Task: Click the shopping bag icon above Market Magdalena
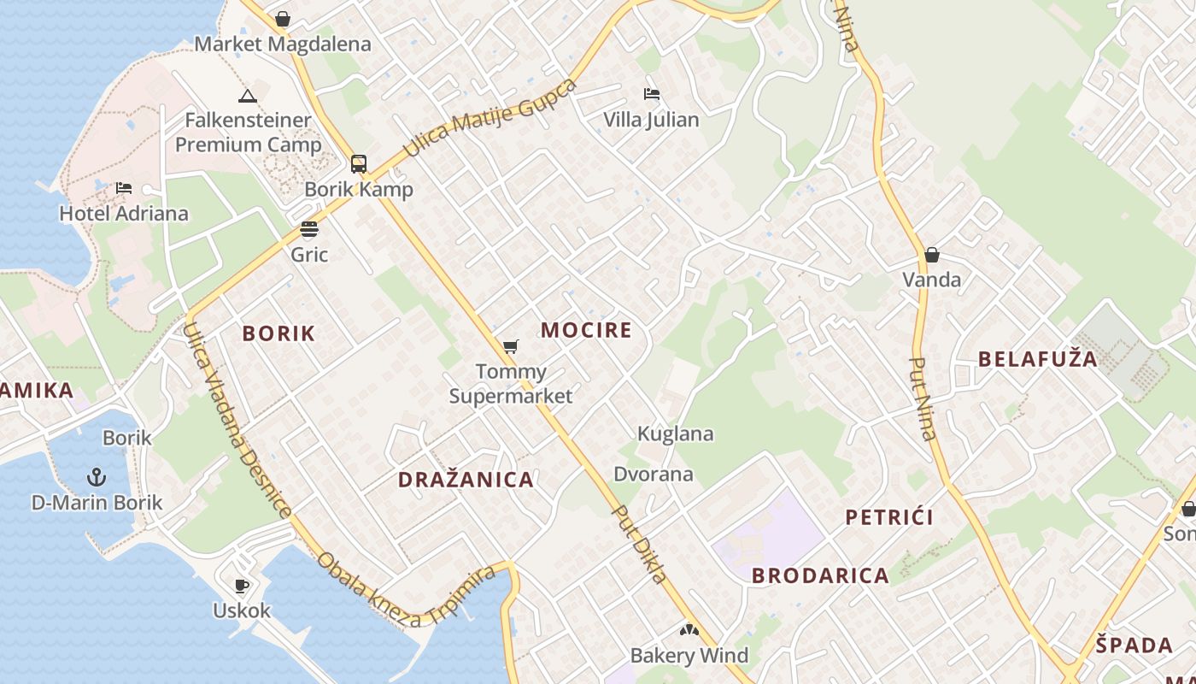point(283,19)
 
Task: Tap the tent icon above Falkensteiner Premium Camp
point(248,96)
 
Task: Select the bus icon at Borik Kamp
point(359,164)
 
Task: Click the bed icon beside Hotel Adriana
point(124,188)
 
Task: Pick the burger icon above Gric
point(309,229)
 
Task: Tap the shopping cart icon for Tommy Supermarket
point(511,346)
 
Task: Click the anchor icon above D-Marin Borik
point(97,476)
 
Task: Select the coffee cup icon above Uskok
point(242,586)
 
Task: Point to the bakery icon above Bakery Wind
point(689,631)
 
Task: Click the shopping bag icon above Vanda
point(932,255)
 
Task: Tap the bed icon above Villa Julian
point(652,94)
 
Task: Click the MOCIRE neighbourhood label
point(587,330)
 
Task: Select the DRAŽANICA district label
point(466,480)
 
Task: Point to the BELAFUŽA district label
point(1038,359)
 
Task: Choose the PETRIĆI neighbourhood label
point(889,517)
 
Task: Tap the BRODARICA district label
point(820,575)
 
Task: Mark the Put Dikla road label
point(640,544)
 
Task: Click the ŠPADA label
point(1134,645)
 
